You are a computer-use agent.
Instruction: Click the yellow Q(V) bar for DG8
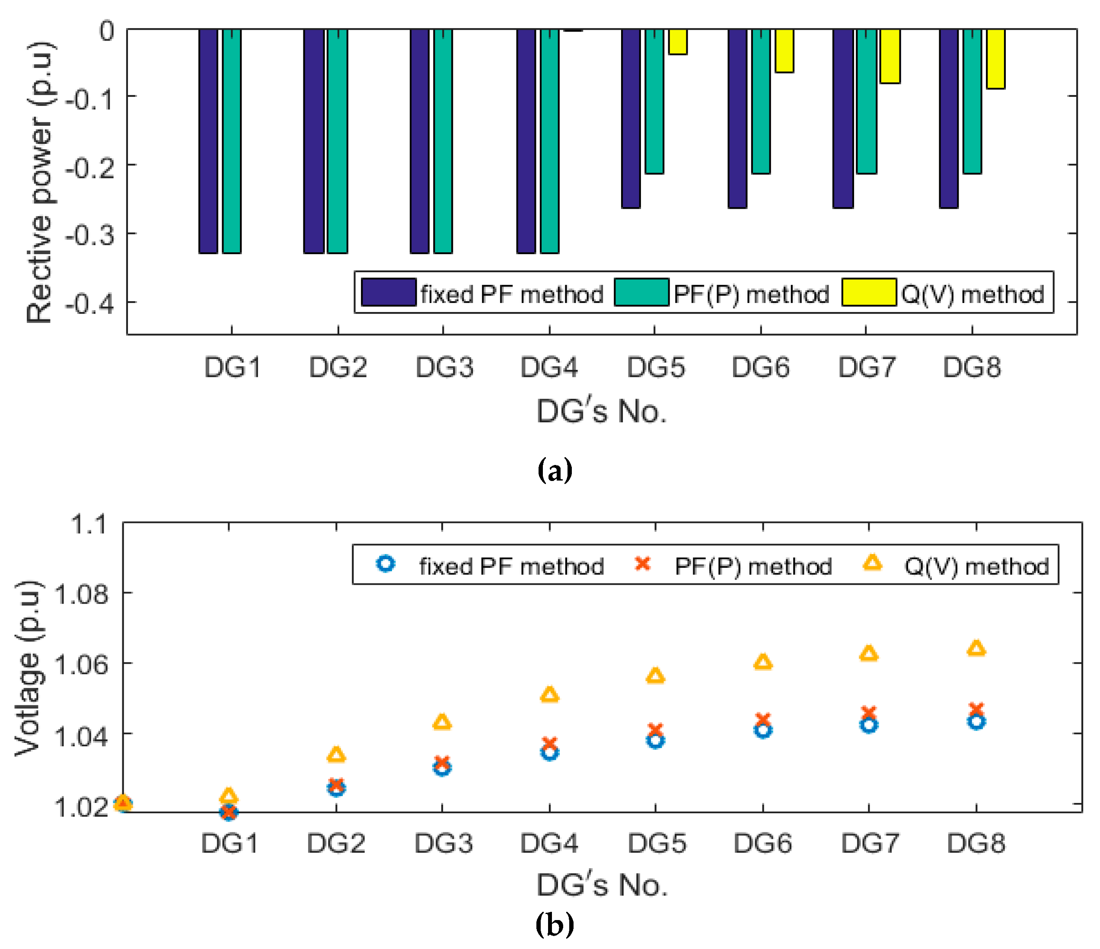point(995,58)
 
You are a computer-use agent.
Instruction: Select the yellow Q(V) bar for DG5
point(677,42)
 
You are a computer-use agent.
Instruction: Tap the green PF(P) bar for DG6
point(761,101)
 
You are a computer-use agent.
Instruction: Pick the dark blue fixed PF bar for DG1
point(208,140)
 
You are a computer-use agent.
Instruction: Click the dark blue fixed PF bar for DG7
point(843,118)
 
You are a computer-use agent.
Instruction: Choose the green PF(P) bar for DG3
point(443,140)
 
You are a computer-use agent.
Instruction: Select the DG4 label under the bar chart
point(549,367)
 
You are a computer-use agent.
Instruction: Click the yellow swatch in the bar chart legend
point(868,292)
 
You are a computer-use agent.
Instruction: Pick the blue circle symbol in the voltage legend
point(386,564)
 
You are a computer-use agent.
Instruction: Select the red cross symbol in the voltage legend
point(642,564)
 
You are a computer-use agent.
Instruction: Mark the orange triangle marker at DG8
point(976,649)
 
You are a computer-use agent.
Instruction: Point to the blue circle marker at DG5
point(655,740)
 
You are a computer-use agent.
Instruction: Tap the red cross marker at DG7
point(868,713)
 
